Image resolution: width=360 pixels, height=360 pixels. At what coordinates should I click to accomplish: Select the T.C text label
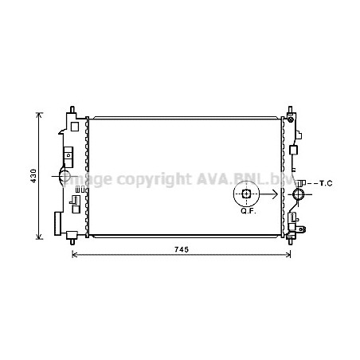323,184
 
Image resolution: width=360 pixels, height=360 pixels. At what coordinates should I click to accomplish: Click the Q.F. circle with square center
246,194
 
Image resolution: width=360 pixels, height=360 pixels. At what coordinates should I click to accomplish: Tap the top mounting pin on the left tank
72,108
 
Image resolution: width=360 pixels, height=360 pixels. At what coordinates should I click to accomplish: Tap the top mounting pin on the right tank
290,108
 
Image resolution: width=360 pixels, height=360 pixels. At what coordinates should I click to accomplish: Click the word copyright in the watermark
150,181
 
